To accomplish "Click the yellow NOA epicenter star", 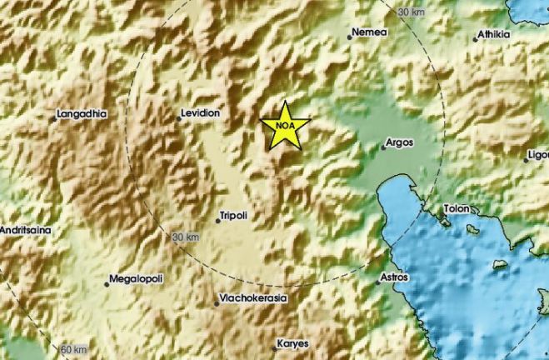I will (285, 127).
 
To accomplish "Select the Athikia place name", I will (495, 35).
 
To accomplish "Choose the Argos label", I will (401, 142).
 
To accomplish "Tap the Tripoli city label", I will (232, 215).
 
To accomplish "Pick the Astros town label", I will (394, 276).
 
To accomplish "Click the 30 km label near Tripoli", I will (186, 237).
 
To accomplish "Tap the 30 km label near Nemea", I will (412, 12).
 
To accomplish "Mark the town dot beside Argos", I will (383, 147).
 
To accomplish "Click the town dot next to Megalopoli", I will (107, 284).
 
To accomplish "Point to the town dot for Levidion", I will (178, 117).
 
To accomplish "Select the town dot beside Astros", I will (377, 281).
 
